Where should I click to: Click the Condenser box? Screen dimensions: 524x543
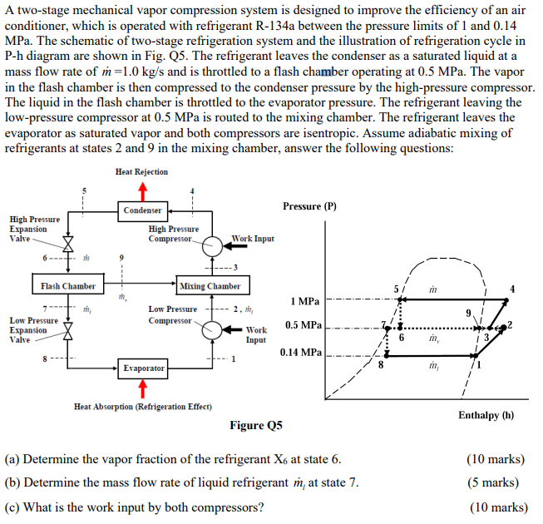pyautogui.click(x=142, y=210)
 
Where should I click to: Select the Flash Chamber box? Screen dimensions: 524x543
pyautogui.click(x=68, y=286)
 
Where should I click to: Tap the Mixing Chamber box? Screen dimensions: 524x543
pyautogui.click(x=210, y=286)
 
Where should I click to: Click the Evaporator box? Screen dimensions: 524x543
pyautogui.click(x=142, y=367)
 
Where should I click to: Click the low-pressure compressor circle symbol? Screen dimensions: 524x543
pyautogui.click(x=214, y=327)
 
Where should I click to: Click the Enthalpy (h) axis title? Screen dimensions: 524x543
pyautogui.click(x=486, y=414)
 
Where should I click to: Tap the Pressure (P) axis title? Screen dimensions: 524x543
pyautogui.click(x=309, y=205)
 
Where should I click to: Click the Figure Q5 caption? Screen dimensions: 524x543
pyautogui.click(x=256, y=426)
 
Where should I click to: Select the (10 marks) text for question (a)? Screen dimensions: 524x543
pyautogui.click(x=497, y=458)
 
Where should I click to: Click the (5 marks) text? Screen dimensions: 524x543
pyautogui.click(x=500, y=482)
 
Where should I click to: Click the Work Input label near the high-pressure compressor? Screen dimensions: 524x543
pyautogui.click(x=253, y=239)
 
